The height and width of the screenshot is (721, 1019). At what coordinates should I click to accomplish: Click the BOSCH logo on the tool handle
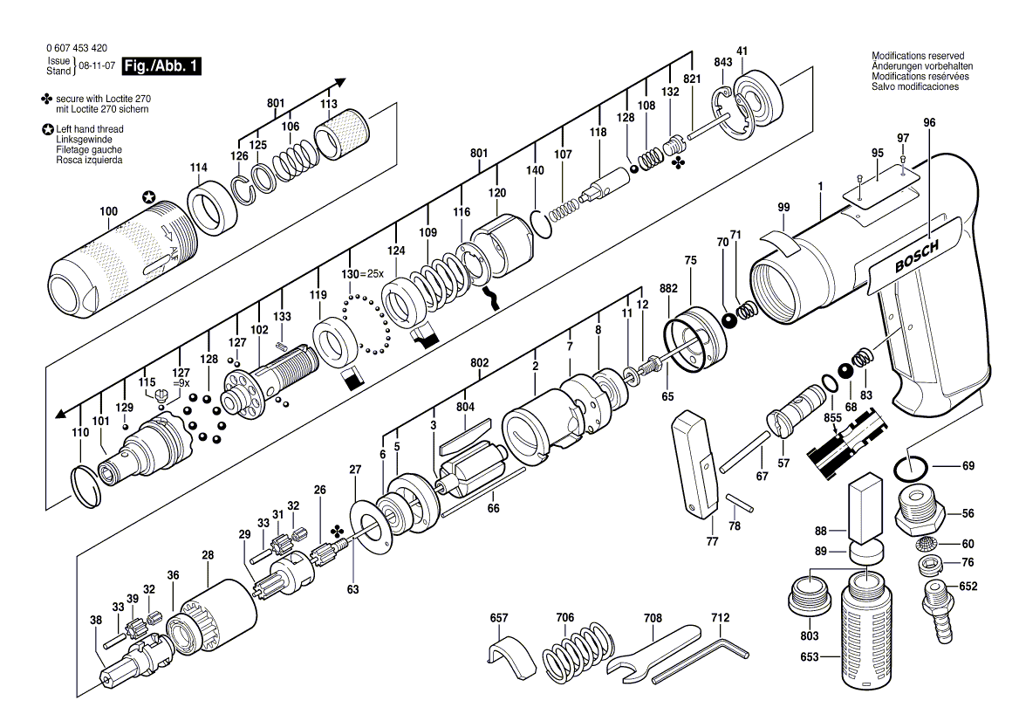pos(916,257)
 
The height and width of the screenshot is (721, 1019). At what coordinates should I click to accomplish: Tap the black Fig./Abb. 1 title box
pos(161,66)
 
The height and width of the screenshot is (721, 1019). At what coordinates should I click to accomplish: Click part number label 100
pos(108,211)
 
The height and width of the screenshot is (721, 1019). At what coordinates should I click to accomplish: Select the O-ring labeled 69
pos(910,466)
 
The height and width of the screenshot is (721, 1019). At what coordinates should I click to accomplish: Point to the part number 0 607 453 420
pos(77,48)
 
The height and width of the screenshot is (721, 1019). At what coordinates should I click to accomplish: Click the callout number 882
pos(668,289)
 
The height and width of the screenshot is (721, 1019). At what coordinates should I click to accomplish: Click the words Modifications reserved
pos(918,56)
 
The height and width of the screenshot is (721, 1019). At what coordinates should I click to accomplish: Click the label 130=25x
pos(363,274)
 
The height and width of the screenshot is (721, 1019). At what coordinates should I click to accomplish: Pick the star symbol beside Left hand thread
pos(47,129)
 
